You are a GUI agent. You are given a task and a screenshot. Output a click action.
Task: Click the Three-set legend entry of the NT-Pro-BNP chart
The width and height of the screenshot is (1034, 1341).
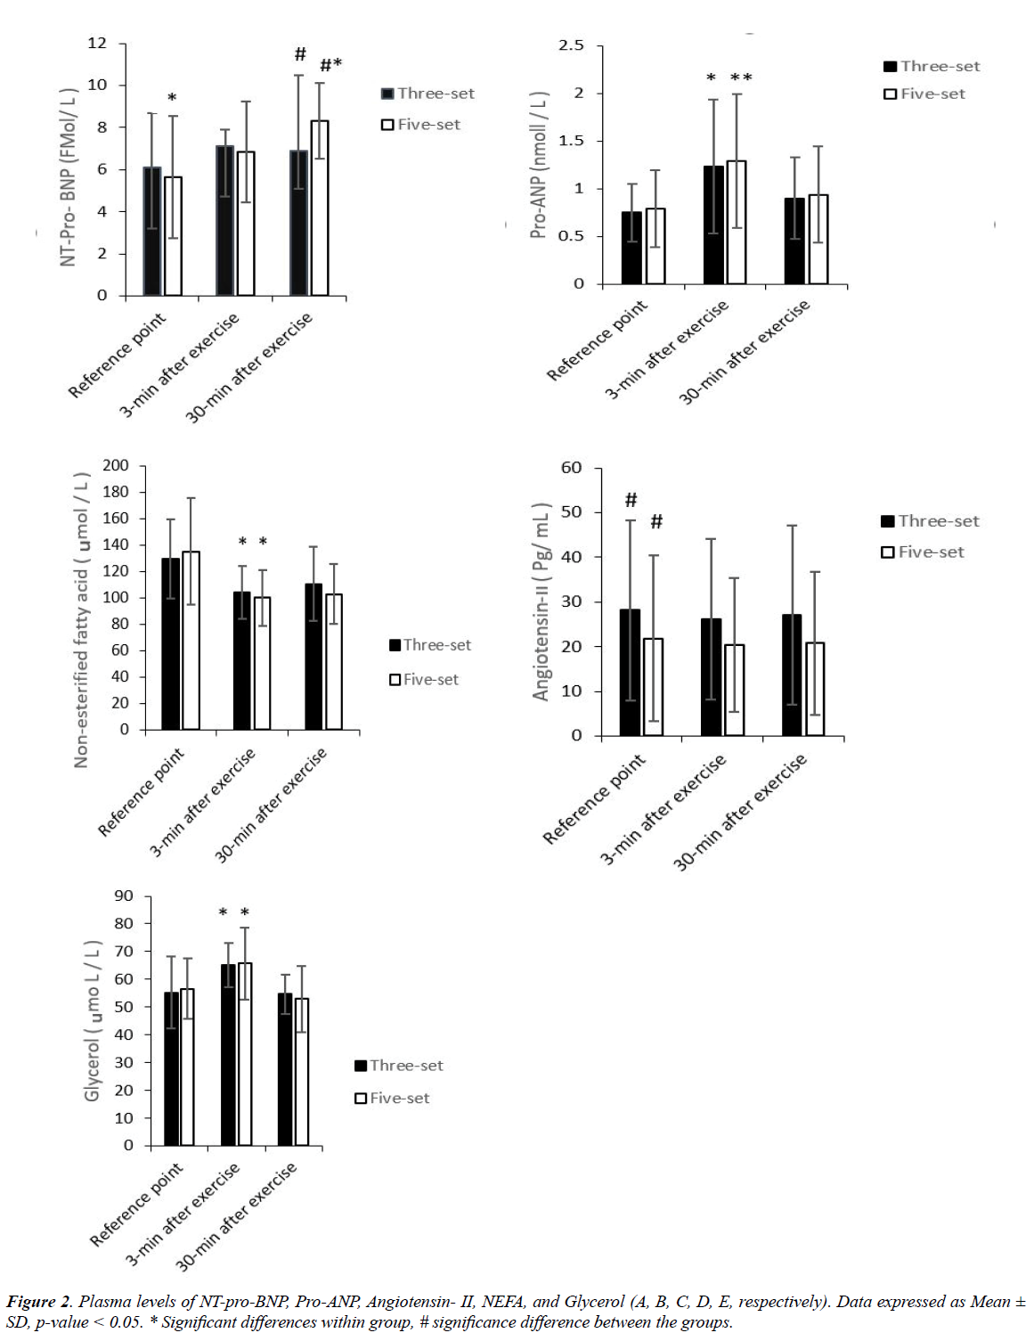(x=427, y=94)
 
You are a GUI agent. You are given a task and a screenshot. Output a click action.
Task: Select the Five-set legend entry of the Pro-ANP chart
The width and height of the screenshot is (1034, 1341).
(x=924, y=94)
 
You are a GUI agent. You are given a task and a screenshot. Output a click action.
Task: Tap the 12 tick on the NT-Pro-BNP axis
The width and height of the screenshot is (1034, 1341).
(x=97, y=43)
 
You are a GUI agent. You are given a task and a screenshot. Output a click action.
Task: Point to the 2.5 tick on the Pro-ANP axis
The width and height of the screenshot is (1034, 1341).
(x=571, y=45)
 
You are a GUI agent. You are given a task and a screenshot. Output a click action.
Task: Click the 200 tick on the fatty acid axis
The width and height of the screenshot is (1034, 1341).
(x=116, y=465)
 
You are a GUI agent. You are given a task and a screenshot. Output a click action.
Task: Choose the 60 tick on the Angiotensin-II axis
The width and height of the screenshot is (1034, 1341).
(x=571, y=468)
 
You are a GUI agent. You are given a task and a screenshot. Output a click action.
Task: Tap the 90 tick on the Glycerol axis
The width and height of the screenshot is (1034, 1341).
(x=124, y=896)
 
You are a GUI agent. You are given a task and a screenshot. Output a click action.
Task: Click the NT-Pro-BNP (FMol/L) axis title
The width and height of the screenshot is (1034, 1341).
(x=69, y=176)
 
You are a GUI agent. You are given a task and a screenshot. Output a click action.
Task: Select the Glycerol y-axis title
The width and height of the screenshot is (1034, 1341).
(x=92, y=1020)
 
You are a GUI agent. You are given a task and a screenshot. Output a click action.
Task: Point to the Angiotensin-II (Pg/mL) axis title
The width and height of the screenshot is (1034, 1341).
(x=541, y=601)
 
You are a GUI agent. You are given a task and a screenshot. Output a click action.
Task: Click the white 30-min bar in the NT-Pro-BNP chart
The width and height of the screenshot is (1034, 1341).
(x=319, y=208)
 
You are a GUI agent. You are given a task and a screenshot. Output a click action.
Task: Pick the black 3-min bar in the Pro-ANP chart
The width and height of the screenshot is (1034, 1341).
(x=712, y=225)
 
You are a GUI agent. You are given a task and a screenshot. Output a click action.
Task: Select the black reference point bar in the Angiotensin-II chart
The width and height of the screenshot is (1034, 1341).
(x=630, y=673)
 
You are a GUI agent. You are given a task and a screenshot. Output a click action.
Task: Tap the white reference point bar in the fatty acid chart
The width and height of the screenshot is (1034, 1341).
(x=191, y=641)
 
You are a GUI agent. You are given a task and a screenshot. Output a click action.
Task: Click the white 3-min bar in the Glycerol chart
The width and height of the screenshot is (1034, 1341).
(x=245, y=1054)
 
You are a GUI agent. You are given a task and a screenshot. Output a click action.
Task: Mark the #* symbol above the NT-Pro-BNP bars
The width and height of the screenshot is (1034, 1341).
(x=330, y=64)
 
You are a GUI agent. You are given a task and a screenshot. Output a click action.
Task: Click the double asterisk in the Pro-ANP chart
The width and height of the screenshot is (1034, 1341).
(x=741, y=78)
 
